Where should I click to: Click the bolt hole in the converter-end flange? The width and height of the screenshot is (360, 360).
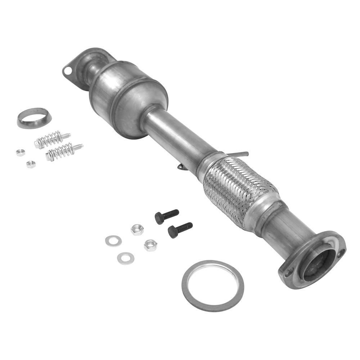[67, 71]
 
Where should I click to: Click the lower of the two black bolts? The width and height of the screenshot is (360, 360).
[180, 229]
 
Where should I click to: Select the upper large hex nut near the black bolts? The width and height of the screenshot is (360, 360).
[137, 229]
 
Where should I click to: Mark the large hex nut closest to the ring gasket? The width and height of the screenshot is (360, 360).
[150, 245]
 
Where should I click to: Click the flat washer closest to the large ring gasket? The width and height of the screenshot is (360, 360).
[126, 258]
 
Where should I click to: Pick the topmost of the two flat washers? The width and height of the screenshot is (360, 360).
[113, 240]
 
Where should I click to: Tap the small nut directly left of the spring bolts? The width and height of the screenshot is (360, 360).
[21, 152]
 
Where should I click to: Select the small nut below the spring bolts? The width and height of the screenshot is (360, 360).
[31, 164]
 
